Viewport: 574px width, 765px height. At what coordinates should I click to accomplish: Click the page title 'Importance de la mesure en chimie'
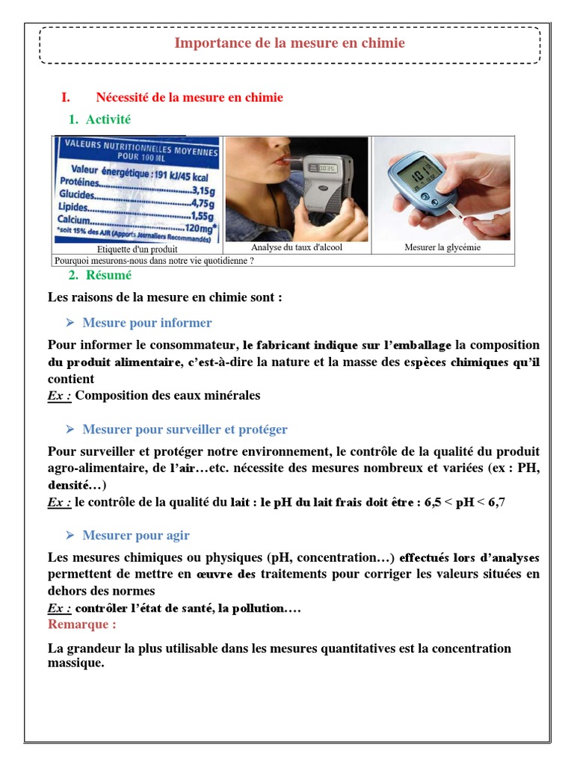[289, 43]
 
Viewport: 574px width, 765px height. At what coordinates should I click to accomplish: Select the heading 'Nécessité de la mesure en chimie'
[189, 98]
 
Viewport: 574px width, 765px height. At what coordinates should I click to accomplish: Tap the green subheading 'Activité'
[108, 120]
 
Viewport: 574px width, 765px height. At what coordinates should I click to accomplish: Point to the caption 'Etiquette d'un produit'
[138, 248]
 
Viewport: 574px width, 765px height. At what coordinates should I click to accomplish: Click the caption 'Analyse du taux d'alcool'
[297, 247]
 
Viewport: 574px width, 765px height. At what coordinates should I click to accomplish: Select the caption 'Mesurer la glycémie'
[442, 247]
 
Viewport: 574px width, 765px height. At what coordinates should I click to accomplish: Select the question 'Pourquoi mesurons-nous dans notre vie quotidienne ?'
[154, 261]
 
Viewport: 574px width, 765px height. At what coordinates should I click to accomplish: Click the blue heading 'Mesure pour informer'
[147, 323]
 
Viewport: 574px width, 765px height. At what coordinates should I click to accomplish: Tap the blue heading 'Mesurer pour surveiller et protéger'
[185, 430]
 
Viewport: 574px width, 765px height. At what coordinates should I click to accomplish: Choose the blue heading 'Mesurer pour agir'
[136, 536]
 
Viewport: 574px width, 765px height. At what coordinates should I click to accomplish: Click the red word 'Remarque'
[81, 625]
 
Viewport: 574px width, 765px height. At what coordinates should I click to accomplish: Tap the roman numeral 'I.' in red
[66, 98]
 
